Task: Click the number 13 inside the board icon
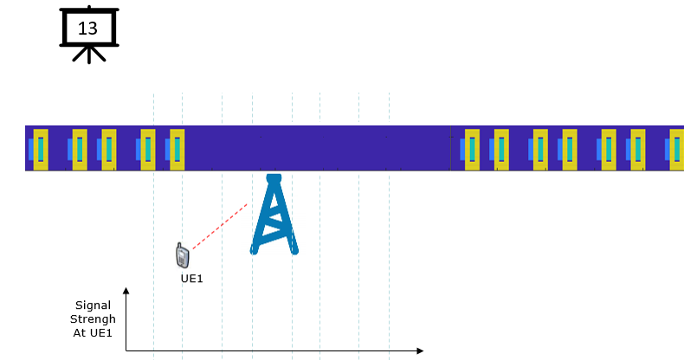(x=87, y=29)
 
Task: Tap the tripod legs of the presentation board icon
(x=89, y=54)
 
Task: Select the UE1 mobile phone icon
(x=183, y=255)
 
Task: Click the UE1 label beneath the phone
(x=192, y=279)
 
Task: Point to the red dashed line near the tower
(x=220, y=226)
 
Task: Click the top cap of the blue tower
(x=274, y=177)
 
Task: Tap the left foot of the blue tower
(x=255, y=250)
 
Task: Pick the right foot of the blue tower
(x=294, y=250)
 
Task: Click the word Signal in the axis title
(x=93, y=305)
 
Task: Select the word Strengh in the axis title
(x=93, y=319)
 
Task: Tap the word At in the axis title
(x=80, y=333)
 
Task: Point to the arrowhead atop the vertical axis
(x=126, y=290)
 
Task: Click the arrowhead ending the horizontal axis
(x=420, y=350)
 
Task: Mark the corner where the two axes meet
(x=126, y=350)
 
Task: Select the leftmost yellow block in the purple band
(x=41, y=150)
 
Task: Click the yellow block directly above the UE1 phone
(x=177, y=150)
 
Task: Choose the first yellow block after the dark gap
(x=472, y=150)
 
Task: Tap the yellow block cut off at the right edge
(x=677, y=150)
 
